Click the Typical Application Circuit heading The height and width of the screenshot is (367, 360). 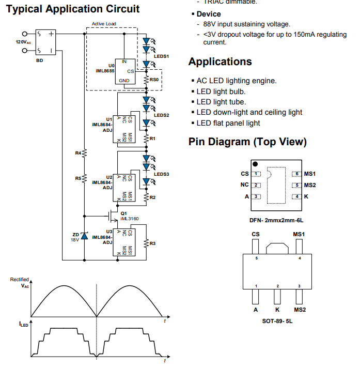point(72,9)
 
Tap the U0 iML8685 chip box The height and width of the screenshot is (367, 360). point(124,71)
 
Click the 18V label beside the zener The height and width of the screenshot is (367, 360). point(76,240)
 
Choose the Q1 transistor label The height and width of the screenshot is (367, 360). point(123,213)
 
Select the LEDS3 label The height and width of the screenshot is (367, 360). point(162,174)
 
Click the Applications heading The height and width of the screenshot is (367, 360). point(220,62)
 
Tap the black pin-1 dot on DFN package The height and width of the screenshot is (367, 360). point(255,163)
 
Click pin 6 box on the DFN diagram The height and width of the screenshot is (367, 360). point(296,174)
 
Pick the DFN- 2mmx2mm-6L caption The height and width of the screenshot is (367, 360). point(276,220)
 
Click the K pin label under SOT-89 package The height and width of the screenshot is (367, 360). point(277,310)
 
